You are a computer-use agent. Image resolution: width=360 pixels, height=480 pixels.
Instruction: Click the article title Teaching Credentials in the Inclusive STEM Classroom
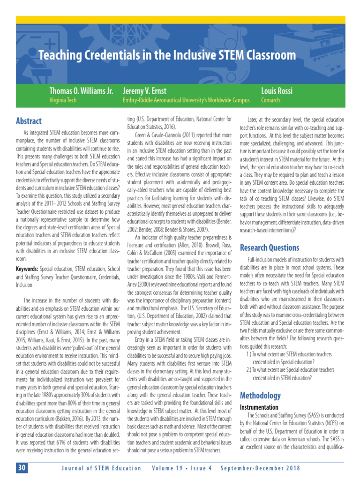(167, 55)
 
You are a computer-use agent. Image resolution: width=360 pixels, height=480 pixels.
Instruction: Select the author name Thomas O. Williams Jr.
(81, 90)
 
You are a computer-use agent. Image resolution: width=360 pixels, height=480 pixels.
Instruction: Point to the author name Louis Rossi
(277, 90)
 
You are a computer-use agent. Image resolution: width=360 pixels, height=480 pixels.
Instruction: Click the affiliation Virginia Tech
(64, 100)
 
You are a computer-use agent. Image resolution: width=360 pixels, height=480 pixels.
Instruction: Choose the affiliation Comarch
(270, 100)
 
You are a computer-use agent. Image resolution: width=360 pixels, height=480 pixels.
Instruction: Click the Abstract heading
(29, 121)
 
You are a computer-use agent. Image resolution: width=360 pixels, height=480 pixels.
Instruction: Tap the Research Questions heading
(269, 247)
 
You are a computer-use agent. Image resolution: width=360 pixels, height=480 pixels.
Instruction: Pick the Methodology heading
(260, 396)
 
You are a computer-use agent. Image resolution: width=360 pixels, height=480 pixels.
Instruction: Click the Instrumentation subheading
(259, 407)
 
